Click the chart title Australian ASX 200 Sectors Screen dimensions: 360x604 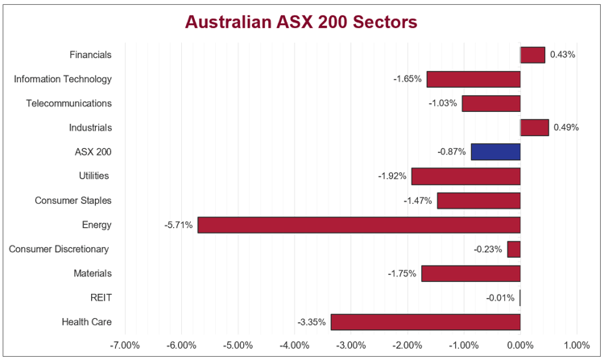(301, 22)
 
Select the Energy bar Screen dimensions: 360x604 (358, 225)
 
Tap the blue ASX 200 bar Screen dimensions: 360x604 (495, 151)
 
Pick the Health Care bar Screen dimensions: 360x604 (425, 322)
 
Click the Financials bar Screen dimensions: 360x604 (532, 55)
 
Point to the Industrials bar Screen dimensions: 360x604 (534, 127)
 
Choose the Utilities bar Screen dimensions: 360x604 (465, 176)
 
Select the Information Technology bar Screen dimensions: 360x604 (474, 79)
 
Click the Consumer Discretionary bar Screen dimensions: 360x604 (514, 249)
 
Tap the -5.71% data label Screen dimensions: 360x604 (179, 225)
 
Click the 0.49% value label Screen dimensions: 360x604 (565, 127)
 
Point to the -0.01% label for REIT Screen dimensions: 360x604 (500, 298)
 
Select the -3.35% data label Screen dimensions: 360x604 (312, 322)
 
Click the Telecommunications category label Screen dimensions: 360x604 (68, 103)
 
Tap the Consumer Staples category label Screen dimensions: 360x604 (73, 201)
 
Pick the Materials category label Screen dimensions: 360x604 (93, 274)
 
